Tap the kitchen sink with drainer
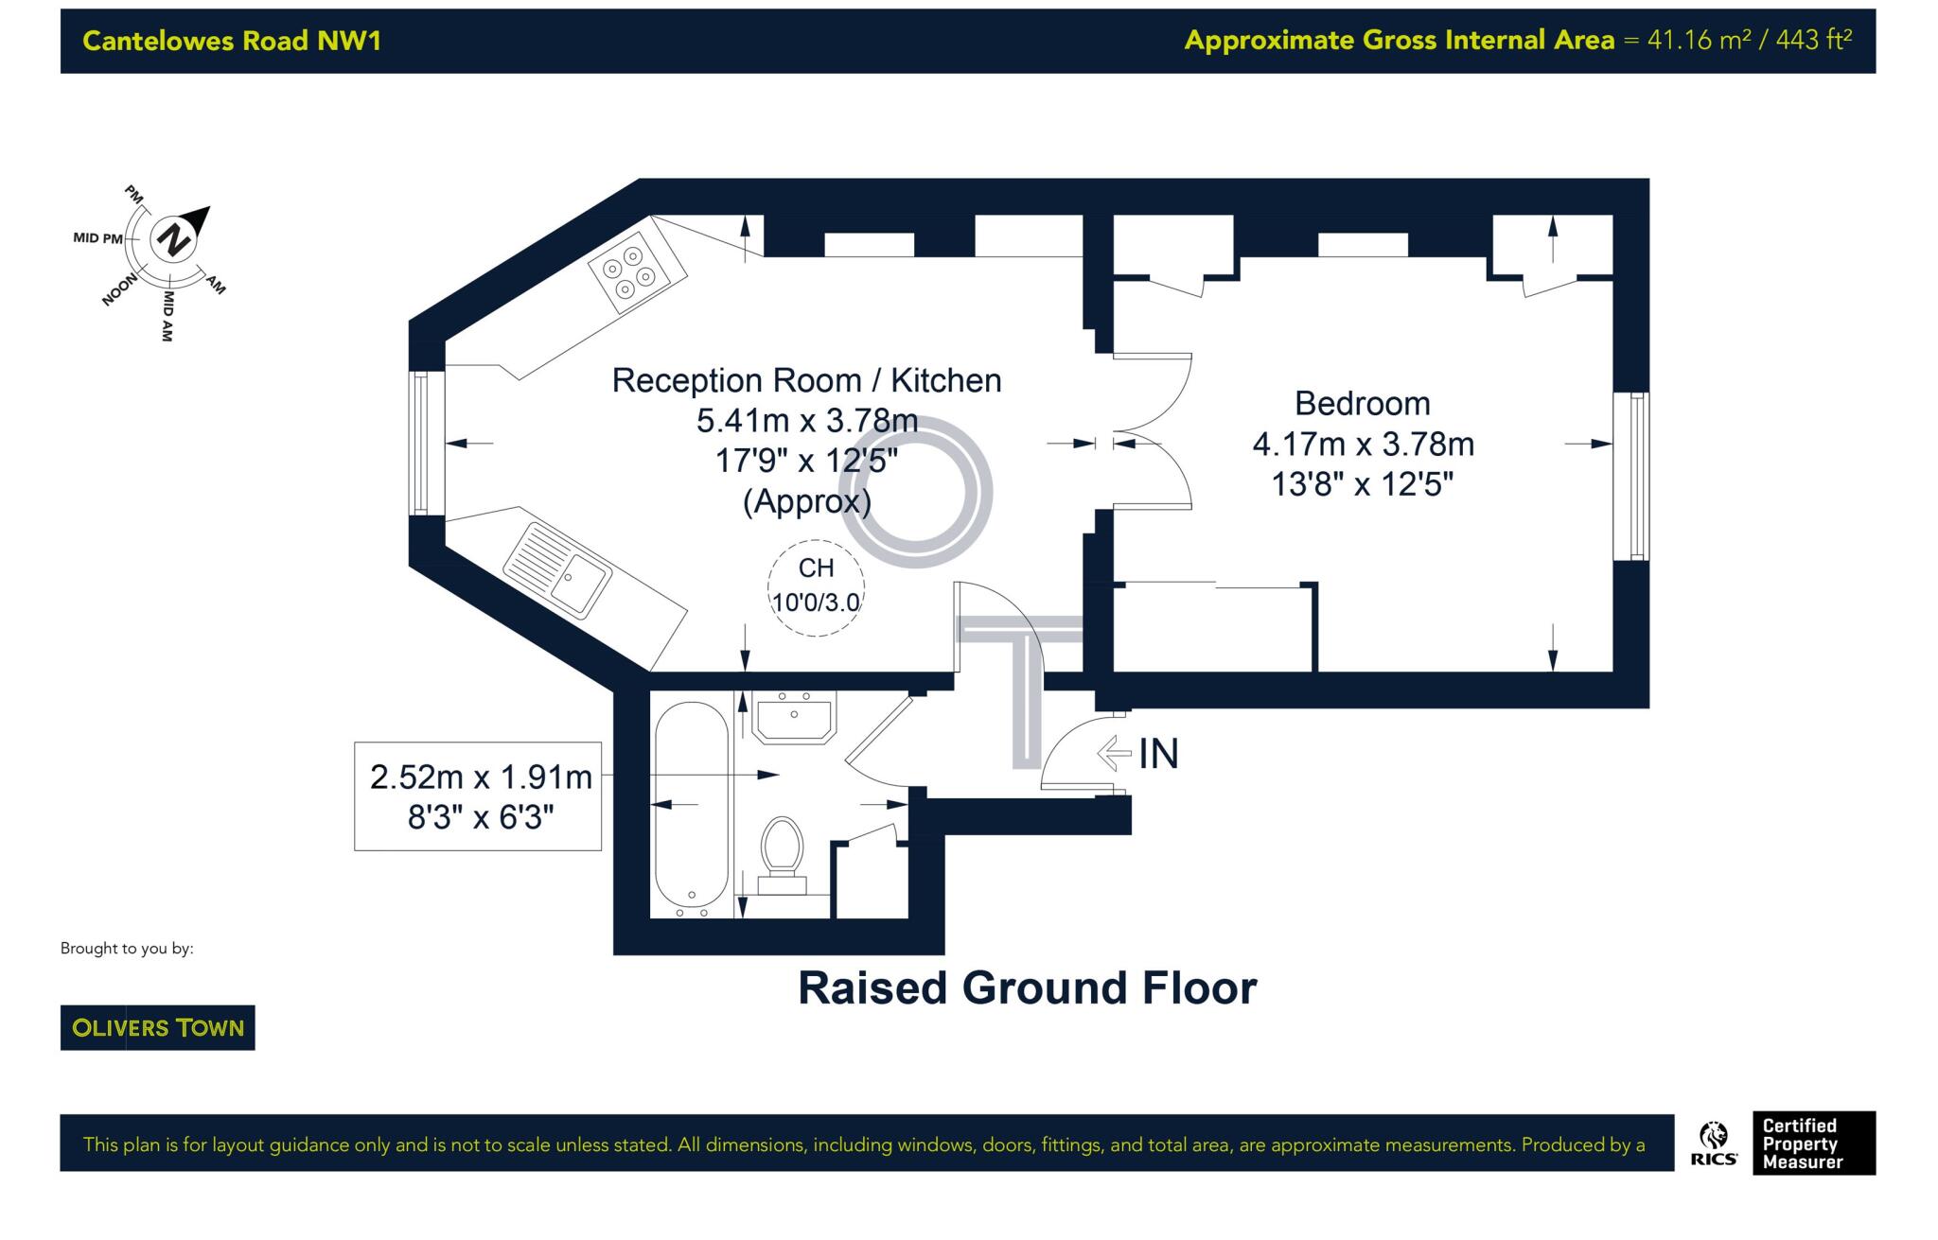557,570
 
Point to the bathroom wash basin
793,718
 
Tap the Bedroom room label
1362,404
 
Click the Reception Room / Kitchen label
806,380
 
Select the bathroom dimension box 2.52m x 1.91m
479,796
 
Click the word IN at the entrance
1158,754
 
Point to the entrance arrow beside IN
1115,754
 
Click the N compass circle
172,239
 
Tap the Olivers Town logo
158,1027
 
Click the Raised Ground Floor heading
1027,988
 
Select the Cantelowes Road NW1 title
232,41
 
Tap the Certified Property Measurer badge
1812,1143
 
